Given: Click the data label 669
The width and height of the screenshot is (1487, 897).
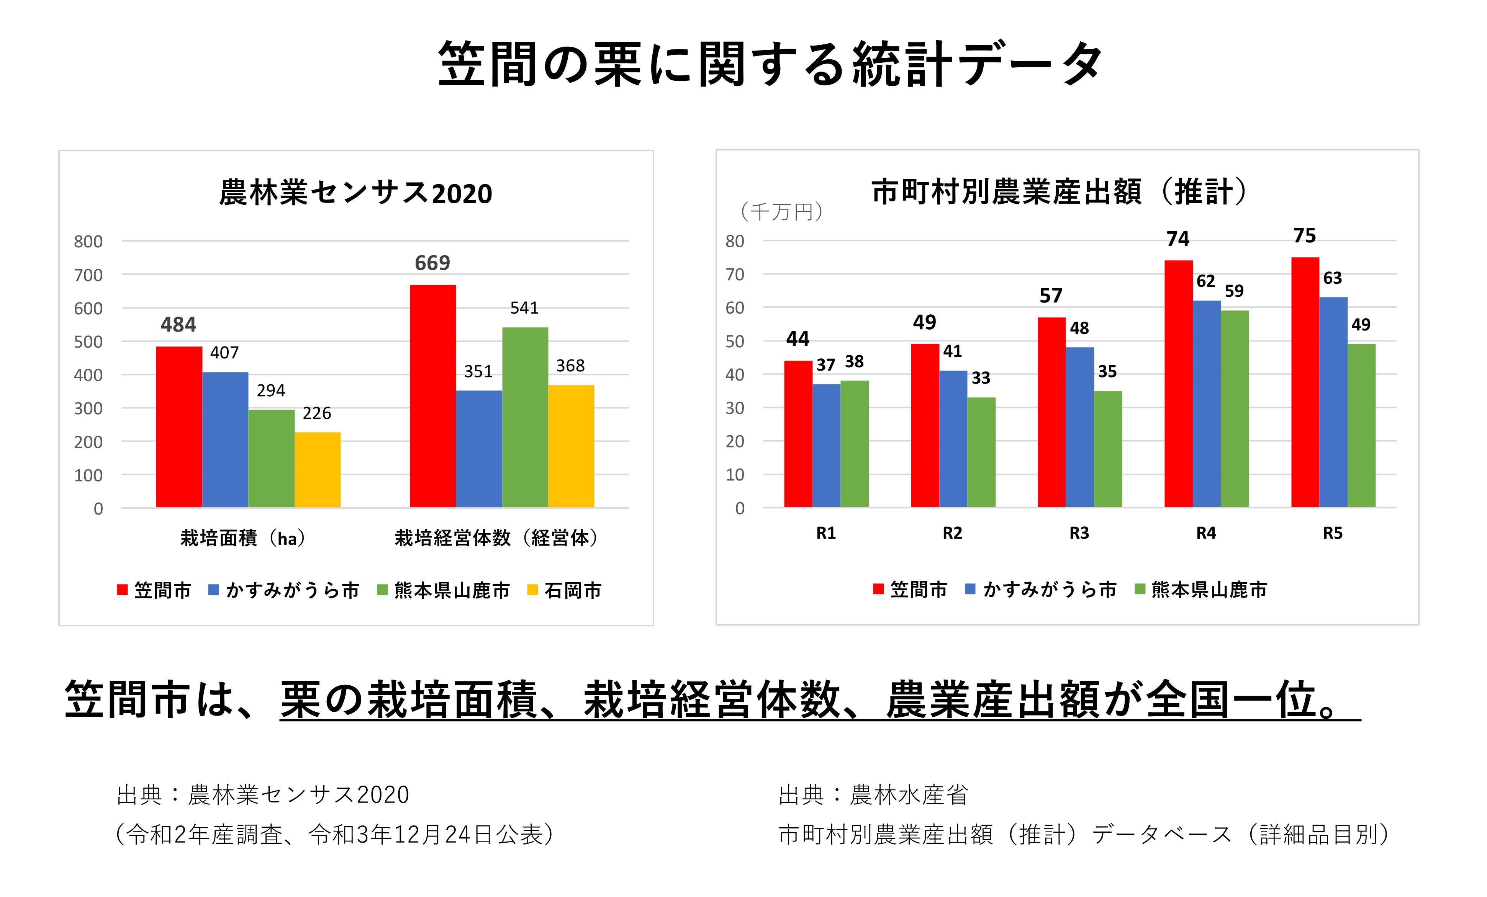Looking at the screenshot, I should (x=432, y=263).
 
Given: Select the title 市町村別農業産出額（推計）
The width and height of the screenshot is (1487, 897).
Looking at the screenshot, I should (x=1060, y=192).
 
